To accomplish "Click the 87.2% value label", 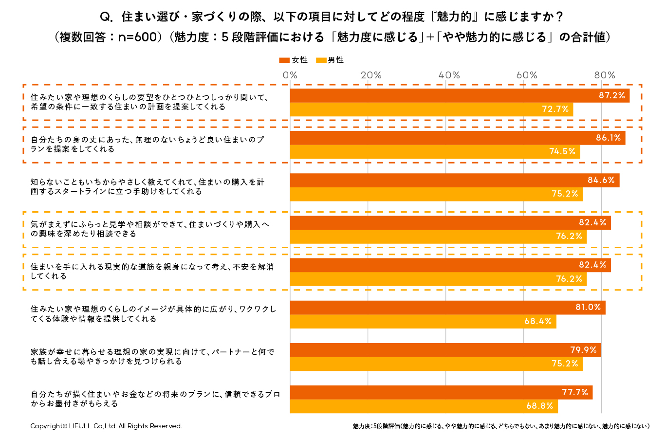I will click(x=611, y=95).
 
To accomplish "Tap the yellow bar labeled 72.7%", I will click(x=431, y=109).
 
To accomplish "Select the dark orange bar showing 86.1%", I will click(x=458, y=138).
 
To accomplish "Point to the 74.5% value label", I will click(x=562, y=152).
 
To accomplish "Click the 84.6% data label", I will click(x=601, y=180).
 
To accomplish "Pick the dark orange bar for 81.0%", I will click(x=447, y=308).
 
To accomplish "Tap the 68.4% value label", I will click(x=538, y=322).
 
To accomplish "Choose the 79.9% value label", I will click(x=583, y=350).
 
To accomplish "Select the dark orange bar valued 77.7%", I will click(x=441, y=392).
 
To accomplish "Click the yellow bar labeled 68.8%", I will click(x=424, y=406).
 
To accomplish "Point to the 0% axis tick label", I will click(x=290, y=75).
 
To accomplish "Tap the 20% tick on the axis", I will click(x=371, y=75).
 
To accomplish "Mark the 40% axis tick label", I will click(x=449, y=75).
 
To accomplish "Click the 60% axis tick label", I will click(x=527, y=75).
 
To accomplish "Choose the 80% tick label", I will click(x=605, y=75).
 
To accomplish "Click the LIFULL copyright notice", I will click(x=106, y=426).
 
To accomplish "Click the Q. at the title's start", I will click(x=107, y=17).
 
